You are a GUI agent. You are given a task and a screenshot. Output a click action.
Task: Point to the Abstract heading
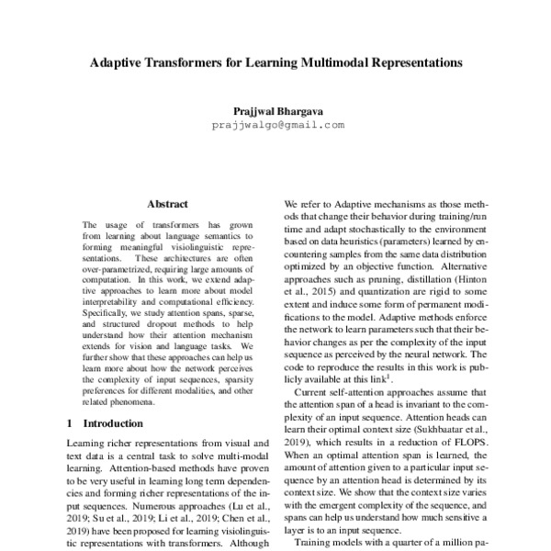166,203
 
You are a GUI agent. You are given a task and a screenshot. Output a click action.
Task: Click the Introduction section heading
112,424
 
